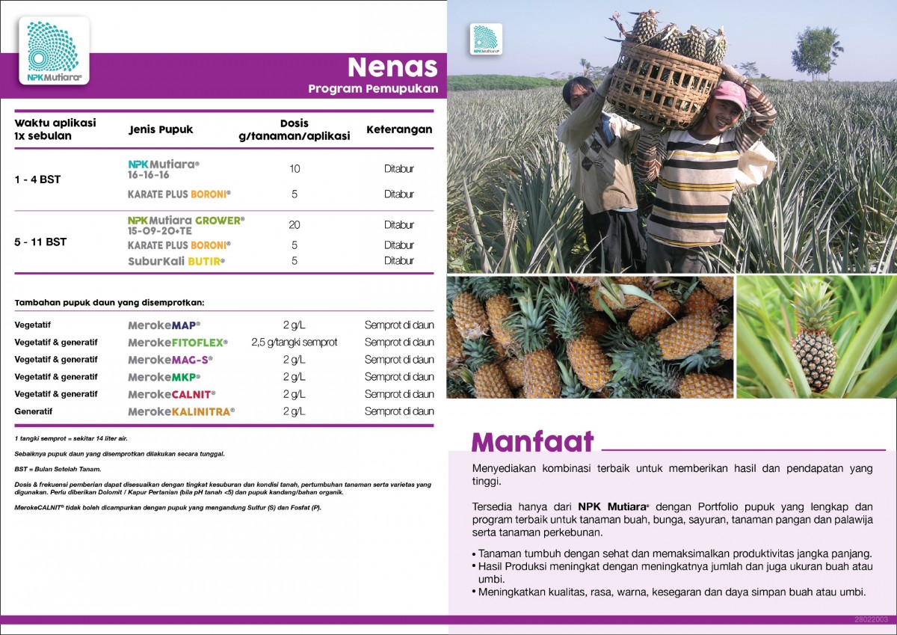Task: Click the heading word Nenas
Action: click(x=392, y=67)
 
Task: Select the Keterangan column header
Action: click(x=399, y=129)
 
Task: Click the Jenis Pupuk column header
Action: click(x=161, y=129)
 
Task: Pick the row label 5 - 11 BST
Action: click(x=40, y=242)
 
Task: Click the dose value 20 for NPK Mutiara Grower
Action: click(x=295, y=224)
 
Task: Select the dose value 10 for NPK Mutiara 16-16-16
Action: click(x=295, y=168)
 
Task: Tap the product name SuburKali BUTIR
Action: click(x=176, y=261)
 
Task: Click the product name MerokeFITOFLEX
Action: click(x=178, y=343)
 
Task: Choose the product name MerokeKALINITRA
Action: click(x=181, y=411)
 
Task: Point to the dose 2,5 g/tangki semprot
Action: click(x=295, y=343)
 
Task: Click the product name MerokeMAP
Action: click(x=164, y=325)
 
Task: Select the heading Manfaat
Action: click(x=532, y=441)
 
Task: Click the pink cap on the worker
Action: click(x=729, y=95)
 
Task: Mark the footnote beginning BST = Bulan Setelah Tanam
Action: click(x=58, y=469)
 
